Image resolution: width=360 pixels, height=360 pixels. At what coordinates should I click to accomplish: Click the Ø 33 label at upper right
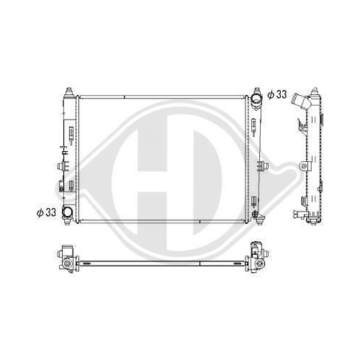point(277,94)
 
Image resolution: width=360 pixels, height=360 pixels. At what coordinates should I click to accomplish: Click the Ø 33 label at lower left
point(46,212)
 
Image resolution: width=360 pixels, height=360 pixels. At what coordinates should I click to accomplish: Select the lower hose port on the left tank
point(67,212)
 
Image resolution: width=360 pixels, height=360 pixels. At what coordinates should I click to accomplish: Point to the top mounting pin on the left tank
point(69,92)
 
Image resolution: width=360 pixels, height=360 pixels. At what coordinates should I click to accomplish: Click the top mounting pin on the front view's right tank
point(257,91)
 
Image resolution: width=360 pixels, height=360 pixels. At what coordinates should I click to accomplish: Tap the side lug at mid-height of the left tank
point(62,166)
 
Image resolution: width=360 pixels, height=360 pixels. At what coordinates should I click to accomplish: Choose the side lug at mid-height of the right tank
point(263,166)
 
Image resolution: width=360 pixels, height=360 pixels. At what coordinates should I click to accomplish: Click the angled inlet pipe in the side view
point(300,100)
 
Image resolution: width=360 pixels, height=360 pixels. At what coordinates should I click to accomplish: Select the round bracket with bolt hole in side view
point(305,166)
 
